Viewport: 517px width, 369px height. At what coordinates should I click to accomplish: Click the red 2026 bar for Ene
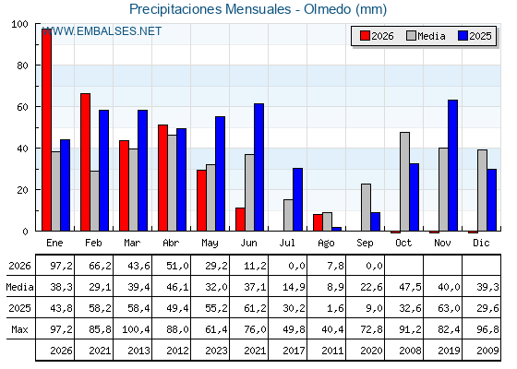47,130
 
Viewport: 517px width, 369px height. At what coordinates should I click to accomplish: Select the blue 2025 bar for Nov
452,165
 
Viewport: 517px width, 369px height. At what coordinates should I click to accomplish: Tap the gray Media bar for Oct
405,182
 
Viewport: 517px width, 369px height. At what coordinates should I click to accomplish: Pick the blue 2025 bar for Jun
258,167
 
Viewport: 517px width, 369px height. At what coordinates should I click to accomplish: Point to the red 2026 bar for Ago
318,222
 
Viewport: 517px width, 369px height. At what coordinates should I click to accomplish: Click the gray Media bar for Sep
366,208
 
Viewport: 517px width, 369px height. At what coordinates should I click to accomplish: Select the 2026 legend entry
377,36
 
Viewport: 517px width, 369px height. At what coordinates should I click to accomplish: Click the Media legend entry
426,36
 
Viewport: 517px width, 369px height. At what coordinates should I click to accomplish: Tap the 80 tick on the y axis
22,65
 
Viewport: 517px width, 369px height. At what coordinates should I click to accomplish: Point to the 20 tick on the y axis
22,190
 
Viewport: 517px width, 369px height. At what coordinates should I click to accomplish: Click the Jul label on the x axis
287,243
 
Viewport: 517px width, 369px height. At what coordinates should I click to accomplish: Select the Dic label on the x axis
481,243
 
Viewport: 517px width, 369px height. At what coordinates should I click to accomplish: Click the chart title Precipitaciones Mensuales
210,9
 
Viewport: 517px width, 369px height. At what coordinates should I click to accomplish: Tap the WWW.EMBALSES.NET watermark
102,31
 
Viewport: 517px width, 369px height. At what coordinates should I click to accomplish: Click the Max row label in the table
19,329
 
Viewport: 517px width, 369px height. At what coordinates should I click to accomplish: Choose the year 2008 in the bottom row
410,351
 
